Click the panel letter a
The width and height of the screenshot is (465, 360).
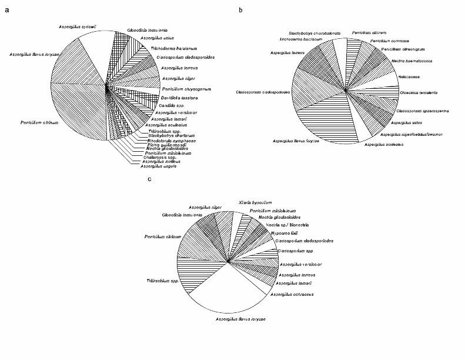pos(6,9)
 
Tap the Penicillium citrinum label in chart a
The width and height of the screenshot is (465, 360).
pos(29,122)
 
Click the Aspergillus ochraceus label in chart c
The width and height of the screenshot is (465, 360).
pos(289,293)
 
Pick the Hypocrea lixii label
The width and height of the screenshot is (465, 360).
pos(269,232)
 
